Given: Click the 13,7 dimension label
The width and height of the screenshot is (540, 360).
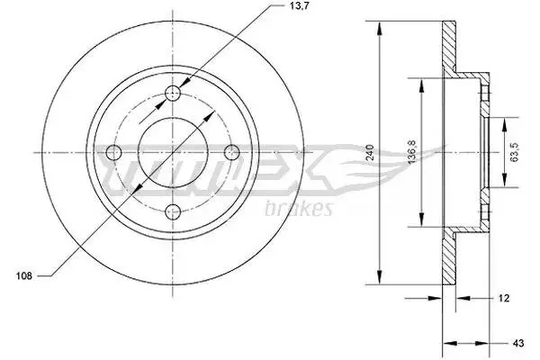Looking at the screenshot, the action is [292, 5].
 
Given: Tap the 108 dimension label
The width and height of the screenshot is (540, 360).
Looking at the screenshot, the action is [24, 275].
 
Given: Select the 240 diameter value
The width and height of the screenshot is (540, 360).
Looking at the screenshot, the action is [370, 152].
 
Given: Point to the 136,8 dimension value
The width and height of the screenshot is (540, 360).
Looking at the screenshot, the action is [411, 152].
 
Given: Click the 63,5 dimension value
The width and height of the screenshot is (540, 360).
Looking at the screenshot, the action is [515, 152].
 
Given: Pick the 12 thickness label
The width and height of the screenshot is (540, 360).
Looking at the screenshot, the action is [503, 298].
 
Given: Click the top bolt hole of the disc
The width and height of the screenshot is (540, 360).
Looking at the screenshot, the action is [173, 93].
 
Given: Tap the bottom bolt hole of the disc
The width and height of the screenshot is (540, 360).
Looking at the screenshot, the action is [173, 211].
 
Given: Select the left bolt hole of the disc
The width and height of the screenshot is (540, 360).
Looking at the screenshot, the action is [113, 152].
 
